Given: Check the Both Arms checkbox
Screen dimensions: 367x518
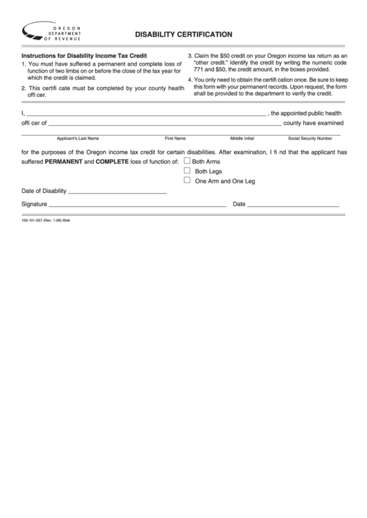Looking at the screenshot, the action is click(x=187, y=160).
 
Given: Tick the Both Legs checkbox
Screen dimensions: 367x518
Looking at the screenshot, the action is click(x=187, y=170).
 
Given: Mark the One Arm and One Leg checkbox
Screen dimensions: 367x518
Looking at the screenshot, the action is click(x=187, y=181).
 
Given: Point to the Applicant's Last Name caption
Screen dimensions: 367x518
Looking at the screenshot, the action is click(x=78, y=138).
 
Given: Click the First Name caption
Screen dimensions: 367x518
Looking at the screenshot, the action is click(x=174, y=138).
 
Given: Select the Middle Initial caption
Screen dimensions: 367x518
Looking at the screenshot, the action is click(x=242, y=138).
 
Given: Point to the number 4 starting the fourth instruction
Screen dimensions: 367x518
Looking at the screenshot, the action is click(x=190, y=80).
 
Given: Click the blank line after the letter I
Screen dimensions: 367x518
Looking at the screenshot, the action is click(x=145, y=113).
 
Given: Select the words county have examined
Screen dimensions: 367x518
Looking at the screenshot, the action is click(x=312, y=123).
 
